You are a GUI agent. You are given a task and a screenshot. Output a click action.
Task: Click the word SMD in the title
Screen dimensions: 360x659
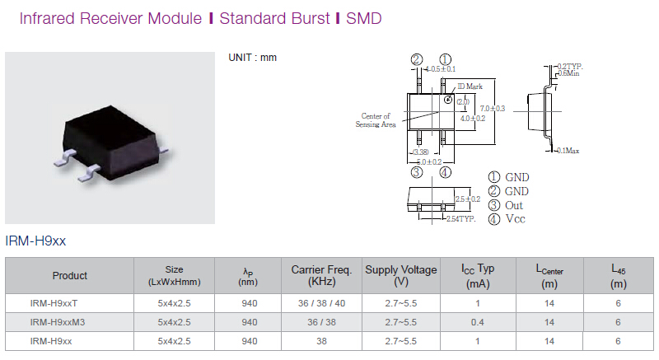(x=363, y=18)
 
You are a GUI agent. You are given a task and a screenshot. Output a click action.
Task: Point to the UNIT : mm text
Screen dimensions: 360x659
(x=252, y=58)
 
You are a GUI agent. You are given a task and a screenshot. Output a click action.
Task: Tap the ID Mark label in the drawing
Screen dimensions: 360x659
(x=470, y=86)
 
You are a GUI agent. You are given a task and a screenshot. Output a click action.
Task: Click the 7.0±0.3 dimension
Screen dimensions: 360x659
(x=493, y=109)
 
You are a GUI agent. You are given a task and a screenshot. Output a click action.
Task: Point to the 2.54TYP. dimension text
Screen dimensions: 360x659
(x=460, y=219)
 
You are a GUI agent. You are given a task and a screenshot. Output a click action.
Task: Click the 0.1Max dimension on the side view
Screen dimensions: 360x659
(x=569, y=151)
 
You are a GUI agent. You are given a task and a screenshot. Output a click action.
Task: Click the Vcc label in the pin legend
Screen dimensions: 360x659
(x=516, y=219)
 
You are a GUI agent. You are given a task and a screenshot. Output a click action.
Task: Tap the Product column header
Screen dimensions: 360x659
(x=70, y=276)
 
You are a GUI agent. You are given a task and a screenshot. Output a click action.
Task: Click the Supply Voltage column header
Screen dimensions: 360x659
(x=401, y=275)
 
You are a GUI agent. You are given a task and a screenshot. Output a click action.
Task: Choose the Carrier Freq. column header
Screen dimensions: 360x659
(x=321, y=275)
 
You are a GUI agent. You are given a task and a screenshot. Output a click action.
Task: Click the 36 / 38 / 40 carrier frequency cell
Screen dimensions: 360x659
(x=321, y=303)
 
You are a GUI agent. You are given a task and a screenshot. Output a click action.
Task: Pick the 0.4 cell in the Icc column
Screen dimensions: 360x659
(x=478, y=322)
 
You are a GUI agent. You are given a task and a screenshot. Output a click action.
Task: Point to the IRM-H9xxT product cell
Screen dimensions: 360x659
(x=54, y=303)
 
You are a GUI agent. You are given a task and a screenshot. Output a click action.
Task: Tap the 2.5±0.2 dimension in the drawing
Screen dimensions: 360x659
(x=468, y=199)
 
